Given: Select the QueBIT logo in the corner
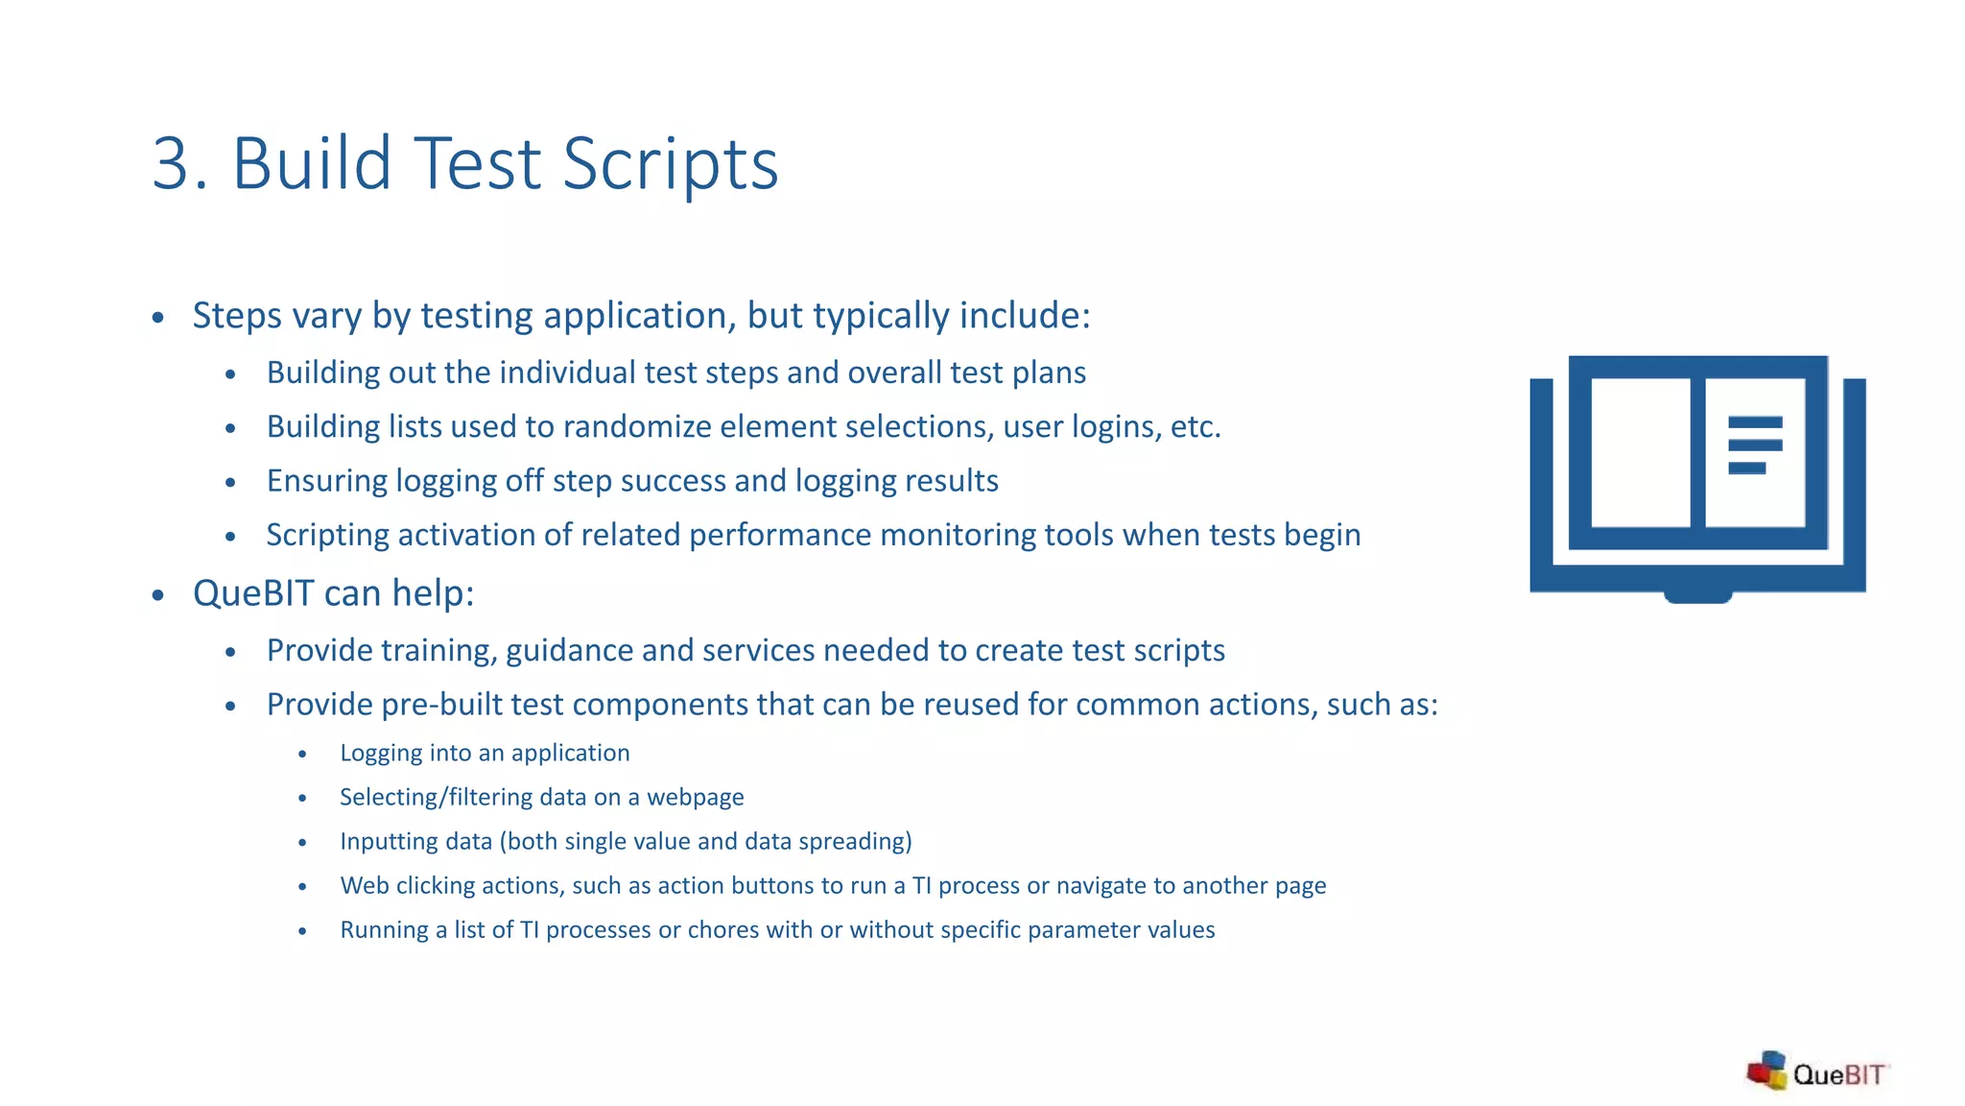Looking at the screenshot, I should [x=1816, y=1072].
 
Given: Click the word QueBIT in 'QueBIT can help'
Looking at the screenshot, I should [x=253, y=593].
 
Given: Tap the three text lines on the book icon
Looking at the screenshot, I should [x=1754, y=445].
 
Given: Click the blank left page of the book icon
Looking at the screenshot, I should [x=1640, y=452].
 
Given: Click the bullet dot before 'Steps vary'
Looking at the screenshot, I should [x=158, y=318].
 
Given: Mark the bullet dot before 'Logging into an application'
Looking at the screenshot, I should [x=302, y=755].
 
